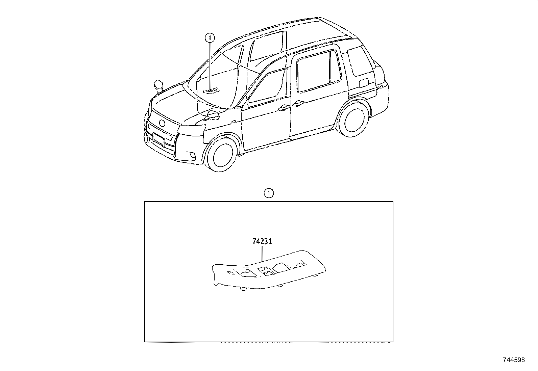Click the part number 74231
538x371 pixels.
coord(262,241)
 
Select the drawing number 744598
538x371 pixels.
coord(514,360)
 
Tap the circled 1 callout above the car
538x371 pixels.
coord(210,38)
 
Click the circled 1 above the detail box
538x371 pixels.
coord(269,193)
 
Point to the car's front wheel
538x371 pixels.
coord(222,154)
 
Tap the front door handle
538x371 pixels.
coord(284,108)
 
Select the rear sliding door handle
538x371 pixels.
coord(298,103)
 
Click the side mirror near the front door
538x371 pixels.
coord(212,115)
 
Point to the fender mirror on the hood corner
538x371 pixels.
coord(158,86)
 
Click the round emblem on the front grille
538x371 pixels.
coord(162,123)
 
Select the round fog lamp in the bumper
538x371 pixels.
coord(193,156)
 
